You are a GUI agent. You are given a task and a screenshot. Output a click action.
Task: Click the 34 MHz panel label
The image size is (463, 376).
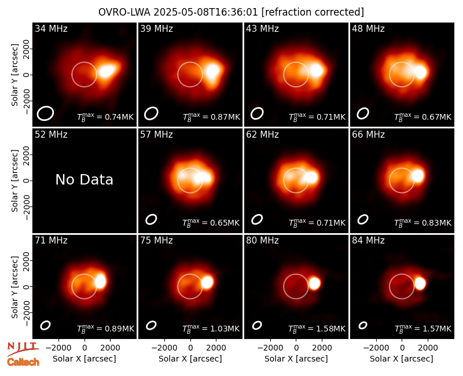coord(51,28)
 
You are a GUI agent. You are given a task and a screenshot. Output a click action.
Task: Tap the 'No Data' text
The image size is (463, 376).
coord(84,179)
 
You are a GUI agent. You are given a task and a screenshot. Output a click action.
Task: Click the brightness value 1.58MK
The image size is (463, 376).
coord(330,329)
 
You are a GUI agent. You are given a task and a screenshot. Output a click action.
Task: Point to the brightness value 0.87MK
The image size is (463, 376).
coord(225,117)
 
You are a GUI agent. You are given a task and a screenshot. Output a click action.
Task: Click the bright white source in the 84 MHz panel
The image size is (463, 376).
coord(420,283)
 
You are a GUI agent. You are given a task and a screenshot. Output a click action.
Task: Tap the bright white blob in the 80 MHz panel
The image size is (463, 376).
coord(314,283)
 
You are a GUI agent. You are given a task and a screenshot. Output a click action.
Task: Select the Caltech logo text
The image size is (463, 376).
coord(23,362)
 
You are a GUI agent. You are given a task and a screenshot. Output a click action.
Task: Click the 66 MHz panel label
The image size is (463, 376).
coord(368,135)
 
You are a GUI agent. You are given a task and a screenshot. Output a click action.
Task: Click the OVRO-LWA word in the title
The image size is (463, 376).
coord(124,12)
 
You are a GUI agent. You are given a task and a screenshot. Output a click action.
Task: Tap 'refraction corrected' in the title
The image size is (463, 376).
coord(313,12)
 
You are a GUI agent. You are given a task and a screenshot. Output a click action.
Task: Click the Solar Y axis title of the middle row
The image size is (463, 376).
coord(14,180)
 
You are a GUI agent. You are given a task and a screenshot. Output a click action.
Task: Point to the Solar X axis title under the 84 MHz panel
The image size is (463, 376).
coord(402,359)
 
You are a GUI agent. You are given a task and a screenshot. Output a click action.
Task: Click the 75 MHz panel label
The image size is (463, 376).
coord(156,241)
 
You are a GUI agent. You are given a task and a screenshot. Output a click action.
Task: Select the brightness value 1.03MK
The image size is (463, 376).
coord(225,329)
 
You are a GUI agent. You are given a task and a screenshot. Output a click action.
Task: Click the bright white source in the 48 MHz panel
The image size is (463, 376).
coord(421,72)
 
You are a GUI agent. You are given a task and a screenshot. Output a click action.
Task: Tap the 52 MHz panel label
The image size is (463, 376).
coord(51,135)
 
